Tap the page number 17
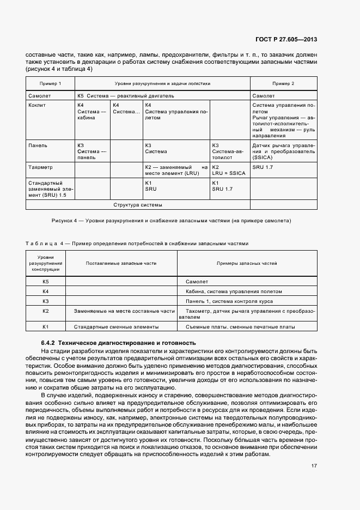[314, 466]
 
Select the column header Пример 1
[50, 83]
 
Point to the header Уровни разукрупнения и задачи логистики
[162, 83]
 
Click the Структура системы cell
[138, 205]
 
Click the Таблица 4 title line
[137, 244]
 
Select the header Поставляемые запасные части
[121, 263]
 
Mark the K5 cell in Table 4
[46, 282]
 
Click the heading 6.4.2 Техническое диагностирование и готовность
[118, 343]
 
